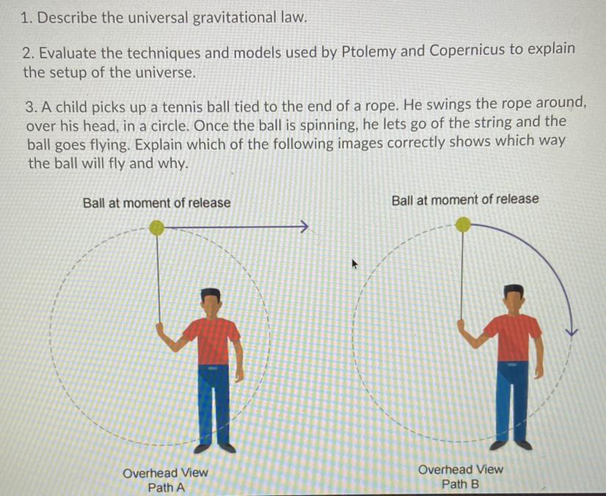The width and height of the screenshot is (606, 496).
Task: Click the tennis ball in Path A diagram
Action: [x=156, y=228]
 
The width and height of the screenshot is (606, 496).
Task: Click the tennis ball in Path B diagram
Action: [x=462, y=225]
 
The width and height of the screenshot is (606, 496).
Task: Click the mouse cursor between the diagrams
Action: [x=355, y=262]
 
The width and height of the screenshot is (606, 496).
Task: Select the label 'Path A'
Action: [x=166, y=487]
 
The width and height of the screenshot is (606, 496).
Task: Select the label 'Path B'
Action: [x=460, y=484]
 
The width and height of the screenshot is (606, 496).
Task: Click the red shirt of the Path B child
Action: [x=517, y=337]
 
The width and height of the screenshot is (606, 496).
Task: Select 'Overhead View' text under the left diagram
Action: [x=166, y=473]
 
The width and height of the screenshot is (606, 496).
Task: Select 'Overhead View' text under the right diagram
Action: [x=461, y=470]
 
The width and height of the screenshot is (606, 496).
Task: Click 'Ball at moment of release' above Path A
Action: [x=156, y=203]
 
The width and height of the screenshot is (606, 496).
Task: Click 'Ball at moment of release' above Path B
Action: [x=465, y=199]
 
